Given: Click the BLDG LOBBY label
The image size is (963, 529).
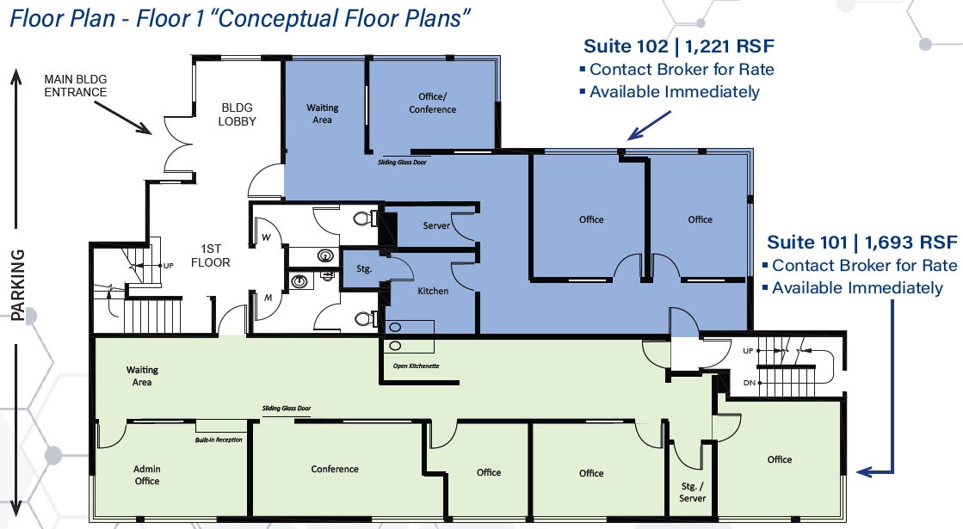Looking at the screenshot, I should click(x=237, y=114).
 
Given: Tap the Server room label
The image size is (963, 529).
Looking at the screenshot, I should click(x=437, y=225).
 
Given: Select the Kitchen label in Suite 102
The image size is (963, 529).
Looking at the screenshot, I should click(x=433, y=291).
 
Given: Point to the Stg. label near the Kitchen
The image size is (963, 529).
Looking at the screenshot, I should click(x=364, y=268).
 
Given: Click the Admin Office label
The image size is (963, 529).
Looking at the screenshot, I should click(x=147, y=475).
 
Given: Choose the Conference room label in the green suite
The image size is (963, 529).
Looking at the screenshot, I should click(x=335, y=469).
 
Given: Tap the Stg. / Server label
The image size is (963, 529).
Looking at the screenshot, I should click(x=692, y=492).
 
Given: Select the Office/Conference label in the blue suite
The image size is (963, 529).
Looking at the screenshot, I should click(x=433, y=103).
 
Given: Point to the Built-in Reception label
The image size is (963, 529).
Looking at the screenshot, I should click(x=218, y=440).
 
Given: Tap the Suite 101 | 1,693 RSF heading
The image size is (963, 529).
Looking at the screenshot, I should click(x=862, y=242).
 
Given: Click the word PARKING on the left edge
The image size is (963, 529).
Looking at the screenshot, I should click(x=17, y=285).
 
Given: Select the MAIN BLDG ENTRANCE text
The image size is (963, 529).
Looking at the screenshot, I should click(x=76, y=86).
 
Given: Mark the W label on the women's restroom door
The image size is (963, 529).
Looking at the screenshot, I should click(x=266, y=237).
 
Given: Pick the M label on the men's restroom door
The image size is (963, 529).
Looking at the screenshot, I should click(x=268, y=298).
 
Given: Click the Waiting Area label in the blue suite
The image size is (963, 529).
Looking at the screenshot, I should click(x=323, y=114).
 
